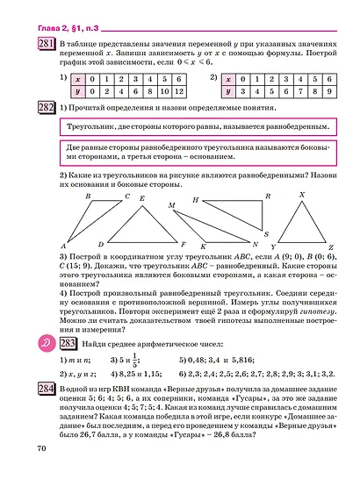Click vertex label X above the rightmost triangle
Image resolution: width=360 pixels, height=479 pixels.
[302, 195]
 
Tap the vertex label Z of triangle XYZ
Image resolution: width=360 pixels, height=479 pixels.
[330, 247]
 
